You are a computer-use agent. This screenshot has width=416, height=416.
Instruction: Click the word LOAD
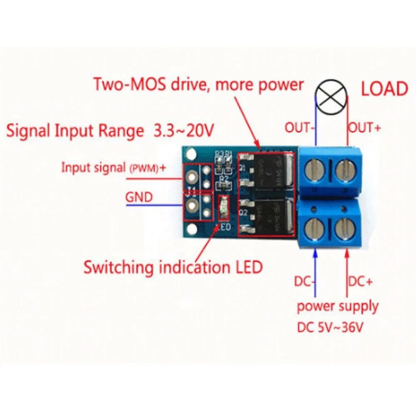click(x=384, y=89)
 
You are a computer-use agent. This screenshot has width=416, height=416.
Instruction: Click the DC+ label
click(x=361, y=282)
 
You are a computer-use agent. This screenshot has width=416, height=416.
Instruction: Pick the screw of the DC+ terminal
click(x=345, y=228)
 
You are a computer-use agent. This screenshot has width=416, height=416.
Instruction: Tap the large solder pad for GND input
click(x=192, y=204)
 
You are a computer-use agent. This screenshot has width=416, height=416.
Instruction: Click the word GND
click(x=139, y=196)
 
